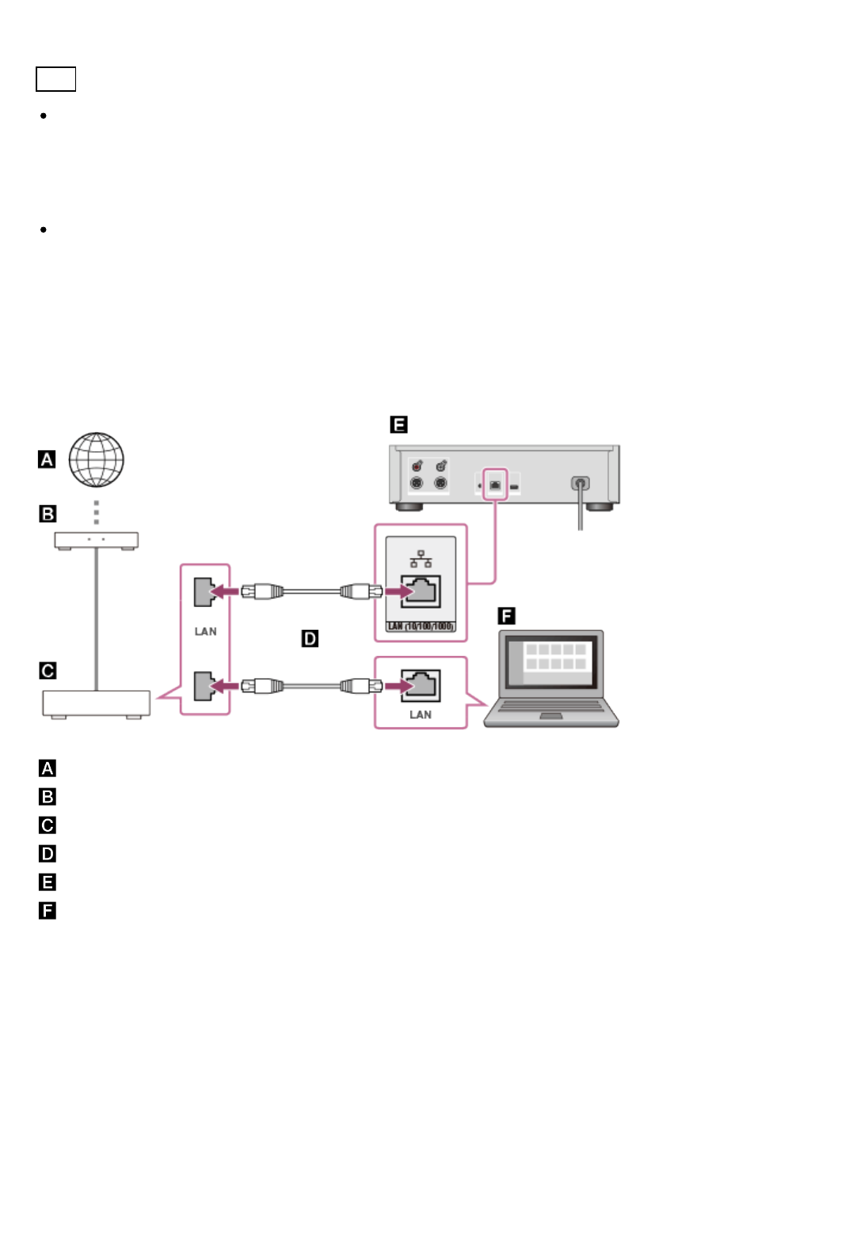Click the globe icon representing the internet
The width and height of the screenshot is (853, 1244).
[x=96, y=460]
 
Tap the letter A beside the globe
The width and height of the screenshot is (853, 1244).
[x=47, y=460]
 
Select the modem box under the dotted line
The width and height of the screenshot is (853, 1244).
[x=96, y=540]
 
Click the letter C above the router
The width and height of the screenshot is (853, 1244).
[x=48, y=671]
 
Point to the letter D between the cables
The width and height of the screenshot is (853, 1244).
[x=310, y=639]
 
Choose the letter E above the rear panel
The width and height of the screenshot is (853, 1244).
[x=398, y=425]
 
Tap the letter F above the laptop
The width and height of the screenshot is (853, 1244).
[x=506, y=616]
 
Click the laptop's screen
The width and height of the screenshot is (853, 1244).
[x=551, y=660]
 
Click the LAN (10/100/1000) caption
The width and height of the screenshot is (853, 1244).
[x=421, y=627]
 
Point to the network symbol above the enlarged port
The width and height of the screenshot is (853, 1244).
[x=421, y=559]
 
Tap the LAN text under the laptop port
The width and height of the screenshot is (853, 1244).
[x=421, y=715]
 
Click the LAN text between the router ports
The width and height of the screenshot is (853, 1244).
[x=205, y=631]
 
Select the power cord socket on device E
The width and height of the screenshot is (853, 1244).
[x=581, y=483]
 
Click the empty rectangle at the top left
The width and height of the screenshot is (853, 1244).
[x=55, y=79]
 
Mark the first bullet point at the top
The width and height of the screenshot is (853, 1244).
[x=44, y=116]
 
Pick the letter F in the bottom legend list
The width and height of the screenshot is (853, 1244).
[x=48, y=911]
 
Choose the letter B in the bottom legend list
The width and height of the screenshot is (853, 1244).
[x=48, y=797]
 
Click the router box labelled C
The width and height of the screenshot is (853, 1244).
[x=96, y=703]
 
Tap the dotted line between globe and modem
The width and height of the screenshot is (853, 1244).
[x=97, y=512]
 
